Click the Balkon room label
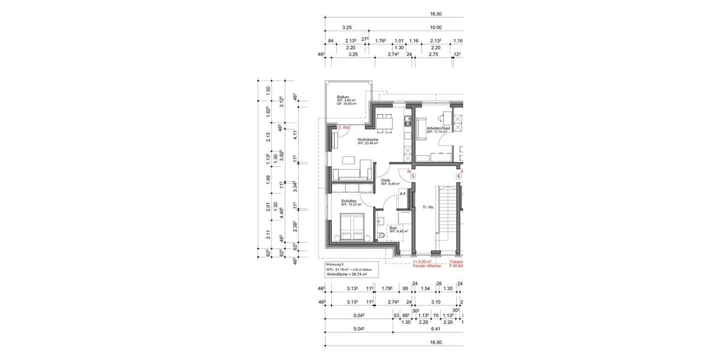(343, 97)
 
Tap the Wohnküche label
(367, 139)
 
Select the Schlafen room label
(349, 201)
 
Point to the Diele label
(386, 180)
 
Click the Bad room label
(393, 227)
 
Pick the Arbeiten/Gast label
(438, 128)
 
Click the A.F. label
(403, 194)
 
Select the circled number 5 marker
(413, 176)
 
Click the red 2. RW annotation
(344, 128)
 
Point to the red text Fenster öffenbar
(427, 266)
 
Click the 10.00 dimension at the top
(436, 28)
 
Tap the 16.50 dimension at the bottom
(436, 342)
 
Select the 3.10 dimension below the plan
(436, 302)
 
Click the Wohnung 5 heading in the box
(334, 265)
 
